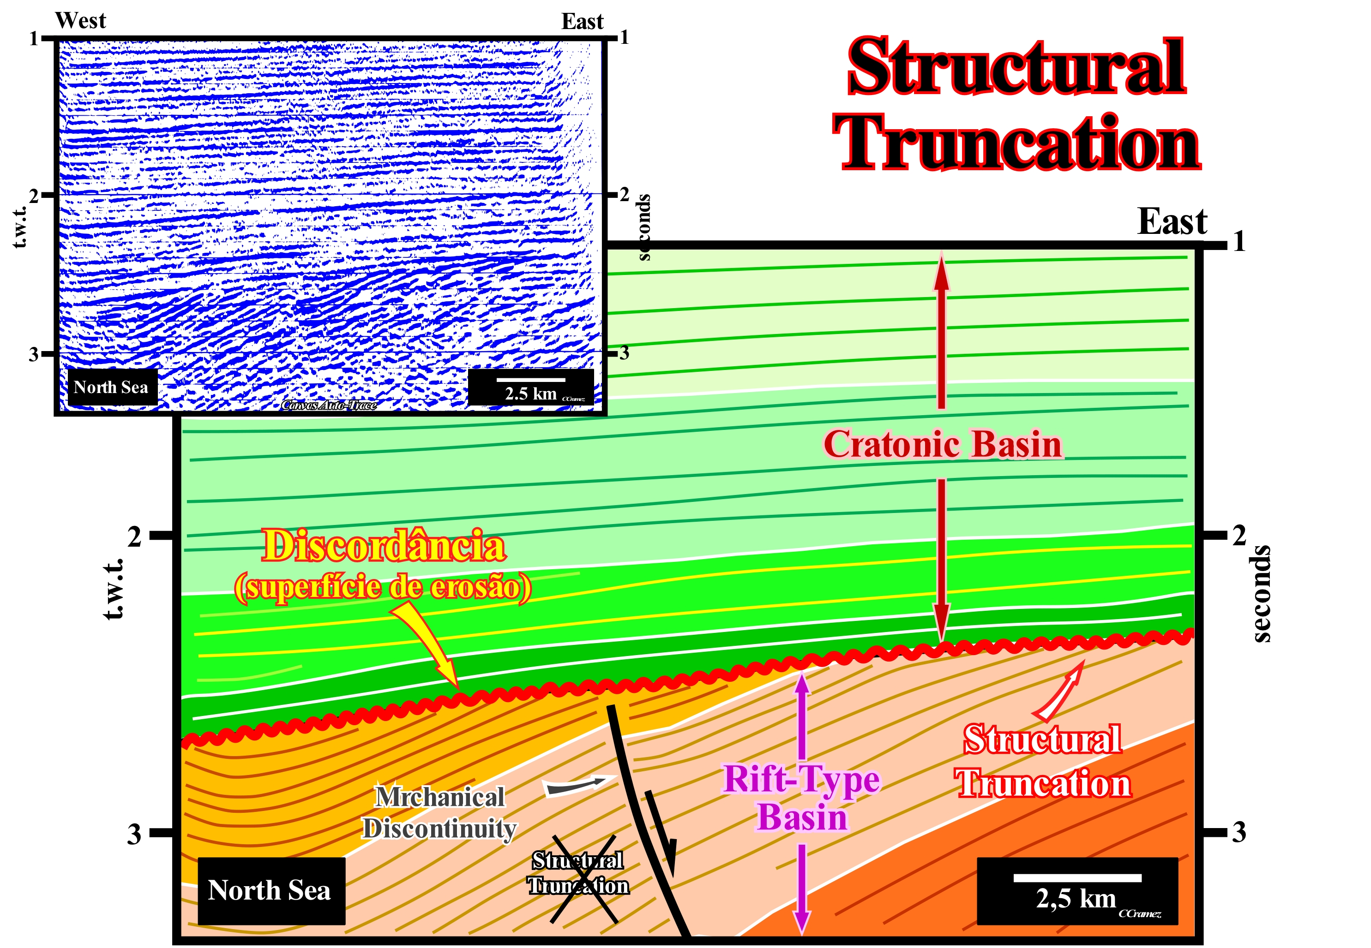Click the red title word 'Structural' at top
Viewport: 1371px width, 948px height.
pos(1016,66)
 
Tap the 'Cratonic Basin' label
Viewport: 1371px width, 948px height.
pos(943,444)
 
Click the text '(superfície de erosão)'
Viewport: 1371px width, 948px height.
pos(383,587)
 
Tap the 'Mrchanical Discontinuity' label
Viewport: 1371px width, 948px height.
pos(440,812)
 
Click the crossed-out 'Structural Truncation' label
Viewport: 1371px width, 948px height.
pos(577,873)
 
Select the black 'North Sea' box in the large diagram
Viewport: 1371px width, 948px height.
pos(271,890)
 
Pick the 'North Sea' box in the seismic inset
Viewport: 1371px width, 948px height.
pos(111,388)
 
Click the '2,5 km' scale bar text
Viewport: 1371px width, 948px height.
pos(1076,899)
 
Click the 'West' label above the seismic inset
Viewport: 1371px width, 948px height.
pos(81,21)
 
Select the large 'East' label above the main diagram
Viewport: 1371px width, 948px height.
pos(1172,222)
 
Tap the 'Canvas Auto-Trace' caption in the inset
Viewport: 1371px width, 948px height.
pos(329,405)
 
